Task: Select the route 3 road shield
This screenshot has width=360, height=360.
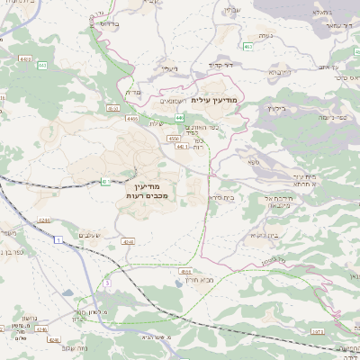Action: click(x=106, y=283)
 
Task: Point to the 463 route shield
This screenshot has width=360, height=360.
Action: click(x=247, y=45)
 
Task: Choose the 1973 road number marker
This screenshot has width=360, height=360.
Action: click(x=318, y=332)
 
